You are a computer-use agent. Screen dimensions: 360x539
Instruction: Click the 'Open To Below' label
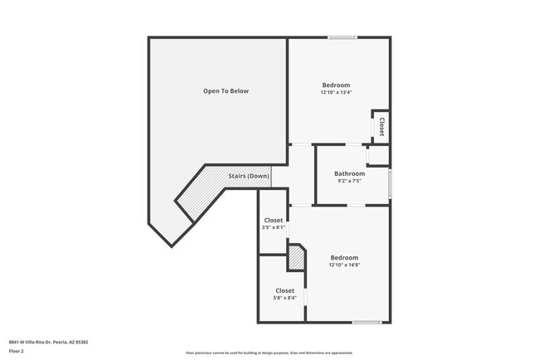point(226,91)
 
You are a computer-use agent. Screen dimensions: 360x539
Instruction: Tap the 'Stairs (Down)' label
point(249,176)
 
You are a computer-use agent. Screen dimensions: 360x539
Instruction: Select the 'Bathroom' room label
point(349,173)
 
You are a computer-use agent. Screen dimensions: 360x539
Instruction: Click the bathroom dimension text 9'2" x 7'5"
point(349,181)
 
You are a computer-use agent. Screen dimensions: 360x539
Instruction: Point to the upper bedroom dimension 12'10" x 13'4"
point(336,92)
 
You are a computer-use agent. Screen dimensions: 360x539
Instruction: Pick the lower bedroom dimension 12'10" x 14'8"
point(344,265)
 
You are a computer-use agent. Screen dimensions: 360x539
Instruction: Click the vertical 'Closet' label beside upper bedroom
point(381,127)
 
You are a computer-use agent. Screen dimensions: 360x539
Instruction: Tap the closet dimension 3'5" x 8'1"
point(274,227)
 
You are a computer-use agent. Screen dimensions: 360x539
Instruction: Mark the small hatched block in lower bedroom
point(296,257)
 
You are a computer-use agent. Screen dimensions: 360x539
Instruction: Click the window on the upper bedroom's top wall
point(342,37)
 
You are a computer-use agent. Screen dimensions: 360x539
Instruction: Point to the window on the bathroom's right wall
point(390,182)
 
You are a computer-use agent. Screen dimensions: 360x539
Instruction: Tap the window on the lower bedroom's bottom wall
point(367,322)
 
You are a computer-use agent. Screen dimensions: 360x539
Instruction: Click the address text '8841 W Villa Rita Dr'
point(37,342)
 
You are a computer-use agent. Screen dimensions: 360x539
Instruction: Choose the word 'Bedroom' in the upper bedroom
point(336,85)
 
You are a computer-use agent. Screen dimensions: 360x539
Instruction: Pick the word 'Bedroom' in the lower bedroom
point(344,257)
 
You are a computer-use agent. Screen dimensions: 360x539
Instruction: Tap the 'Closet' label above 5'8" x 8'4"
point(284,290)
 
